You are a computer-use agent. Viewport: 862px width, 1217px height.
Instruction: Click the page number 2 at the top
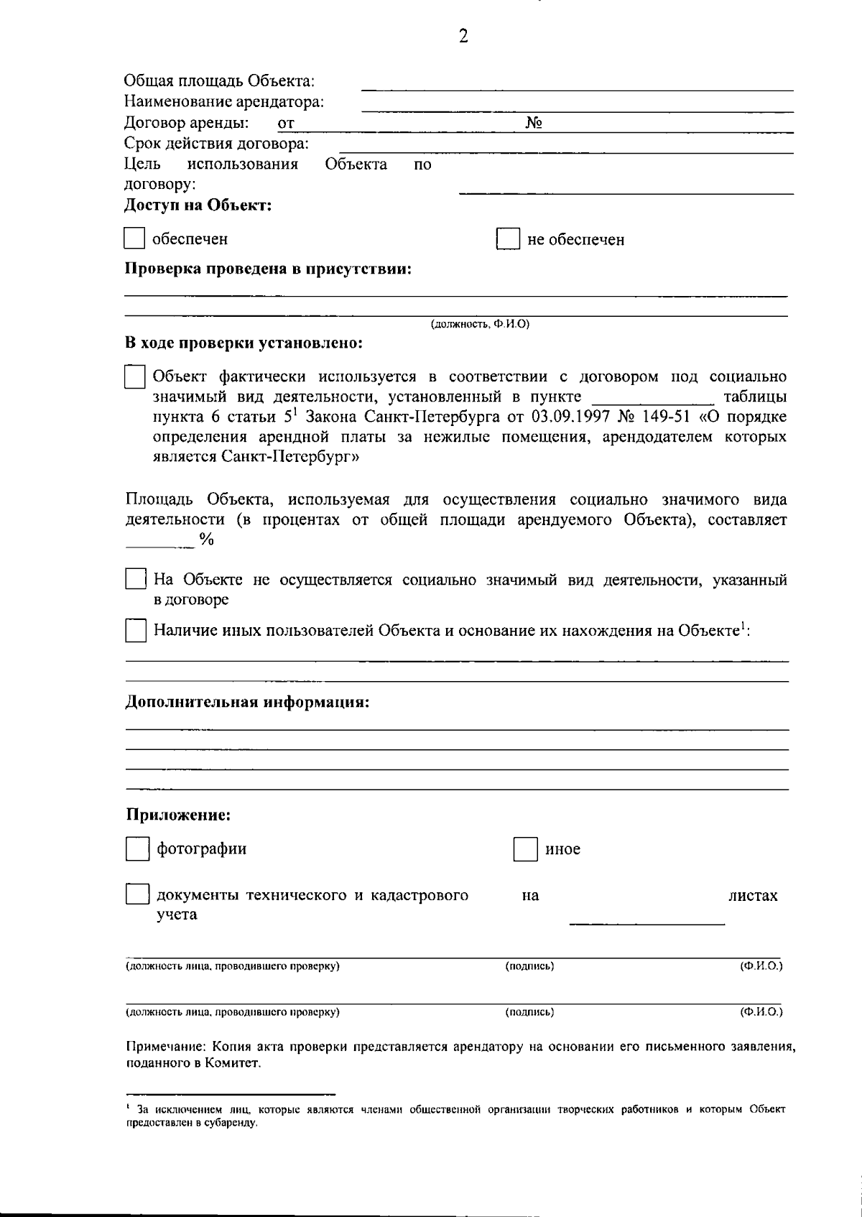(x=463, y=36)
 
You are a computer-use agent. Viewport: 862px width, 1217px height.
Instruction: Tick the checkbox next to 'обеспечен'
(x=134, y=239)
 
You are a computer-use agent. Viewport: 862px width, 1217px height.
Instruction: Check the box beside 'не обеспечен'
(x=508, y=239)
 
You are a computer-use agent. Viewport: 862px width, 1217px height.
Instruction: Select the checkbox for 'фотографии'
(x=136, y=849)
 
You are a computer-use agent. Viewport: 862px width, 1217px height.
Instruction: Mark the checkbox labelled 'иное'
(x=525, y=850)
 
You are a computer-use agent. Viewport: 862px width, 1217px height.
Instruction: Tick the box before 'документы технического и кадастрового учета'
(x=136, y=894)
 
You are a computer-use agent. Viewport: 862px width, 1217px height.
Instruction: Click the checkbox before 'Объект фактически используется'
(x=134, y=377)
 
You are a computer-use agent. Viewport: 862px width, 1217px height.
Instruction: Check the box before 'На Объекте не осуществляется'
(x=135, y=579)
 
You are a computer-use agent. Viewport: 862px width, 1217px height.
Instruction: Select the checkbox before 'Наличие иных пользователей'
(x=135, y=631)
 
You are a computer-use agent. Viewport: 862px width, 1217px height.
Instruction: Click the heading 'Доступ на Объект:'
(x=198, y=205)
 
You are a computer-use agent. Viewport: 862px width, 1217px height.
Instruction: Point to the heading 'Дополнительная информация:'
(x=247, y=702)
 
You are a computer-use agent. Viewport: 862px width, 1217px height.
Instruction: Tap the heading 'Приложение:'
(x=178, y=815)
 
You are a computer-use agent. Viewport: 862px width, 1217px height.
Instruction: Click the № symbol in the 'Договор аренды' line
(x=533, y=123)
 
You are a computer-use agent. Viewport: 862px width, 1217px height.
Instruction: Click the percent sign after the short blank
(x=207, y=540)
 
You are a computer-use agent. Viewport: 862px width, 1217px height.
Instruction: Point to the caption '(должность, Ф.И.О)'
(x=479, y=325)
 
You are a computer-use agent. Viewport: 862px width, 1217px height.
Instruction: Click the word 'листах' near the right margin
(x=753, y=896)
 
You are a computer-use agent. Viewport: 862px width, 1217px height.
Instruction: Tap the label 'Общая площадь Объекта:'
(x=220, y=80)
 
